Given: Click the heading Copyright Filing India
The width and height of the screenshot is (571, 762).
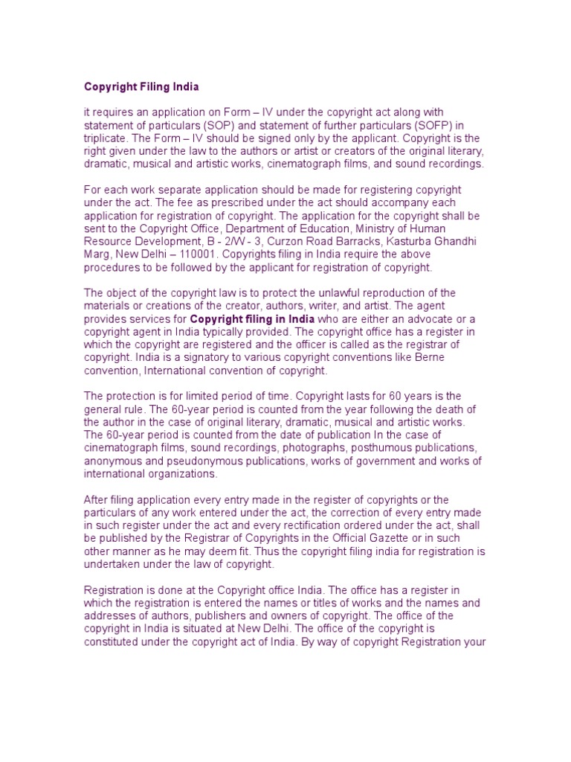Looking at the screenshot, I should click(x=141, y=86).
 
